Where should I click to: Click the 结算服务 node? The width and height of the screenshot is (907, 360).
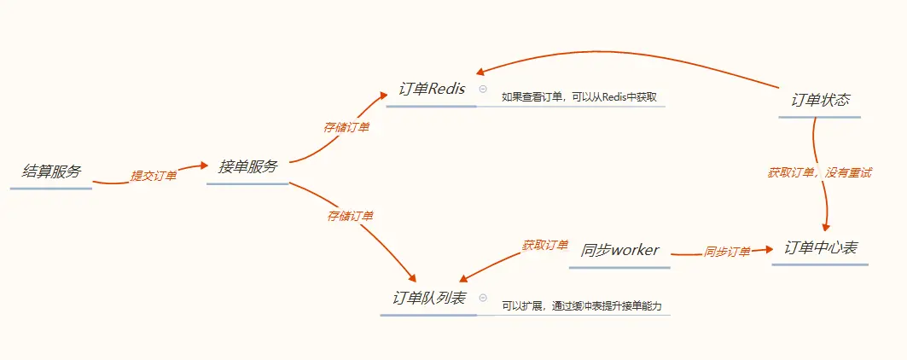[51, 171]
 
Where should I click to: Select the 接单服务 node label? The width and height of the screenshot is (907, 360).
[247, 167]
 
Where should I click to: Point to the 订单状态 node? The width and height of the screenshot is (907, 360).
[820, 100]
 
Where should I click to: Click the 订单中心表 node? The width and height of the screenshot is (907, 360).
[821, 248]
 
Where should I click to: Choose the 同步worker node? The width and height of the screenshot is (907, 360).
[619, 250]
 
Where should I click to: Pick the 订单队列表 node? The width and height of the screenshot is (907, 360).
[428, 298]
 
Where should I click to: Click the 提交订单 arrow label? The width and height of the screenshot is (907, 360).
[153, 176]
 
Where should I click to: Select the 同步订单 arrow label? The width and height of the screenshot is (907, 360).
[727, 252]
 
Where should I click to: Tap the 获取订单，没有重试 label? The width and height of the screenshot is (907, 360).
[818, 172]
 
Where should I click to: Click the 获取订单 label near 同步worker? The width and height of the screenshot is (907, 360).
[545, 245]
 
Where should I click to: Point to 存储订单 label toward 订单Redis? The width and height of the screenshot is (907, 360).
[346, 127]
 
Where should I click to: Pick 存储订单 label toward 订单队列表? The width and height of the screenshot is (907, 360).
[350, 216]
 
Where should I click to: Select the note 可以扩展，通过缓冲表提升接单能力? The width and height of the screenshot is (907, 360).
[582, 305]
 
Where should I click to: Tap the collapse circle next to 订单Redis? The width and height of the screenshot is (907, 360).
[483, 89]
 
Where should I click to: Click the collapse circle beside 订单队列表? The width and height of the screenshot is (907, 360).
[483, 297]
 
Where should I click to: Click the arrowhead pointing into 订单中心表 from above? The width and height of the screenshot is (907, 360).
[826, 226]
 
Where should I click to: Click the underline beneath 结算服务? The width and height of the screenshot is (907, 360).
[51, 188]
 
